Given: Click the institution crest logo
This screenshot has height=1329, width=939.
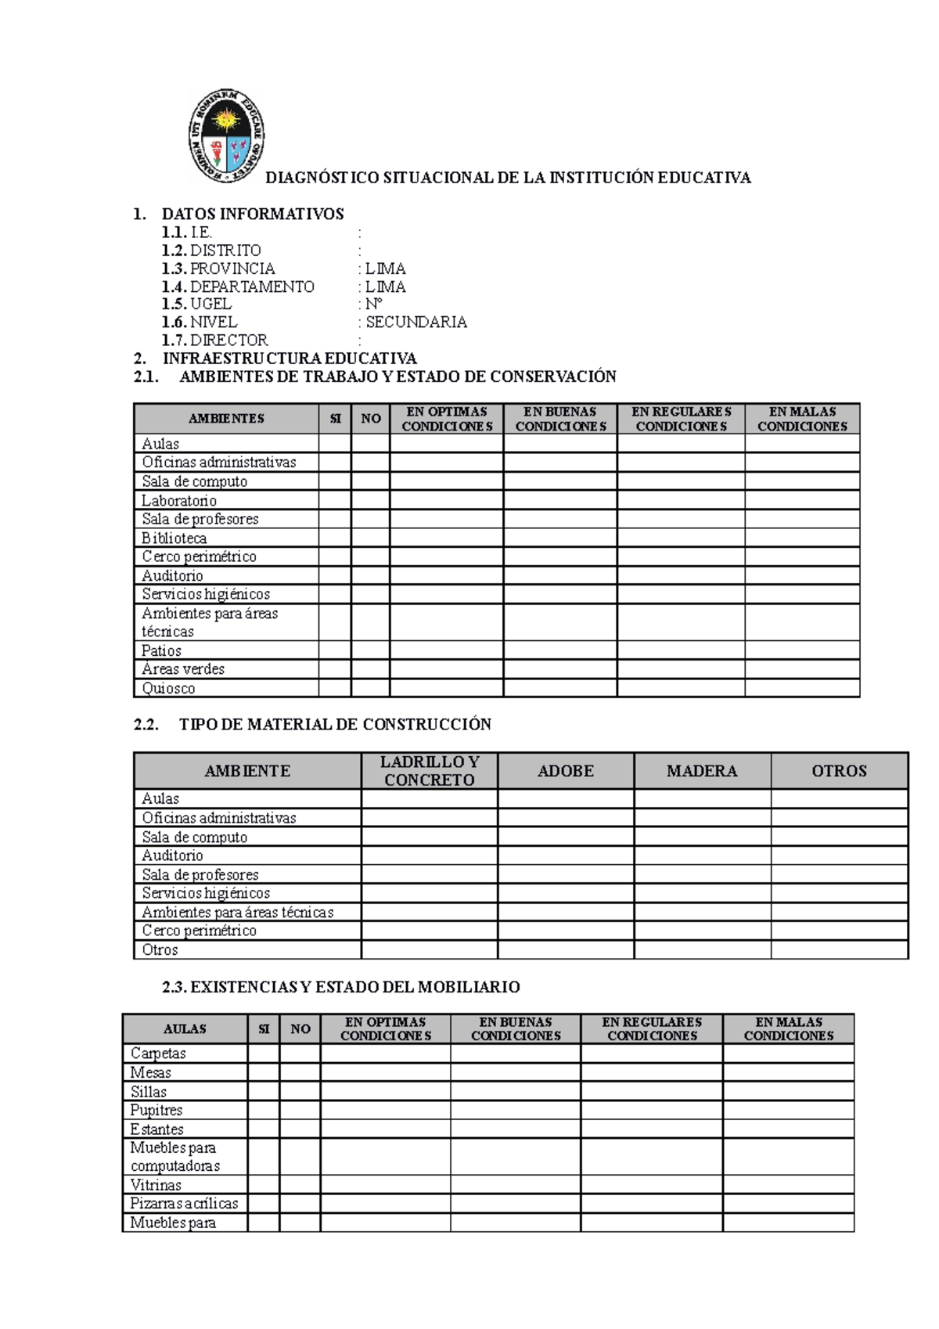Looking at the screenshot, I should pyautogui.click(x=226, y=135).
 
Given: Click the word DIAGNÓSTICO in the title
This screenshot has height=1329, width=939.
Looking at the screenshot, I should pyautogui.click(x=322, y=178).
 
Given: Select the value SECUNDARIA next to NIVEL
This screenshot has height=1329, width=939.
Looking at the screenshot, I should pyautogui.click(x=416, y=322).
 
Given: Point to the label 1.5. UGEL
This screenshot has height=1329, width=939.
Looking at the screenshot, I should pyautogui.click(x=196, y=304).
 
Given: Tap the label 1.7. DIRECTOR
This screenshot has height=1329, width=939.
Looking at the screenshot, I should pyautogui.click(x=214, y=340).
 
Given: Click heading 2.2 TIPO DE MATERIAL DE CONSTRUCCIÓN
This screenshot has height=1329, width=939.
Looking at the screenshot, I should pyautogui.click(x=312, y=725).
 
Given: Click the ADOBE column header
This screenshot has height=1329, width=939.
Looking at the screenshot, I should pyautogui.click(x=565, y=771).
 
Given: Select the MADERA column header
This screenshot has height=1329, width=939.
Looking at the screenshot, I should pyautogui.click(x=701, y=771).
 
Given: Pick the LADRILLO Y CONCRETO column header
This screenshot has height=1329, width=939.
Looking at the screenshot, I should pyautogui.click(x=429, y=771).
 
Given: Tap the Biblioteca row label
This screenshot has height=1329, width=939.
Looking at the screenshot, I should pyautogui.click(x=174, y=538).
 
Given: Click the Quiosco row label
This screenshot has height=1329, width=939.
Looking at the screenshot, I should pyautogui.click(x=168, y=689).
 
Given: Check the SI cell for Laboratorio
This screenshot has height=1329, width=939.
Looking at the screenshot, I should pyautogui.click(x=335, y=500).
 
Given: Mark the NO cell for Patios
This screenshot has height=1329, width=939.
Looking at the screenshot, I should pyautogui.click(x=370, y=650).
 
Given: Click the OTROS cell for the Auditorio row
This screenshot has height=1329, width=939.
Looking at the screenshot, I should pyautogui.click(x=839, y=855).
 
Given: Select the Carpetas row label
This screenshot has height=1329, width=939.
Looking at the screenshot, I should pyautogui.click(x=158, y=1053).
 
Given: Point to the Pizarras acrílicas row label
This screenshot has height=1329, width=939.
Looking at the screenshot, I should pyautogui.click(x=184, y=1204).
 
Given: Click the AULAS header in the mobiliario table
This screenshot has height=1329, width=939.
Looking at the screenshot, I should pyautogui.click(x=185, y=1029).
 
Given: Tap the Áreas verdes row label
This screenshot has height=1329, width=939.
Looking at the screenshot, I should pyautogui.click(x=183, y=669).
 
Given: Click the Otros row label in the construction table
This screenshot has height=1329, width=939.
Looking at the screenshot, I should pyautogui.click(x=160, y=950).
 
